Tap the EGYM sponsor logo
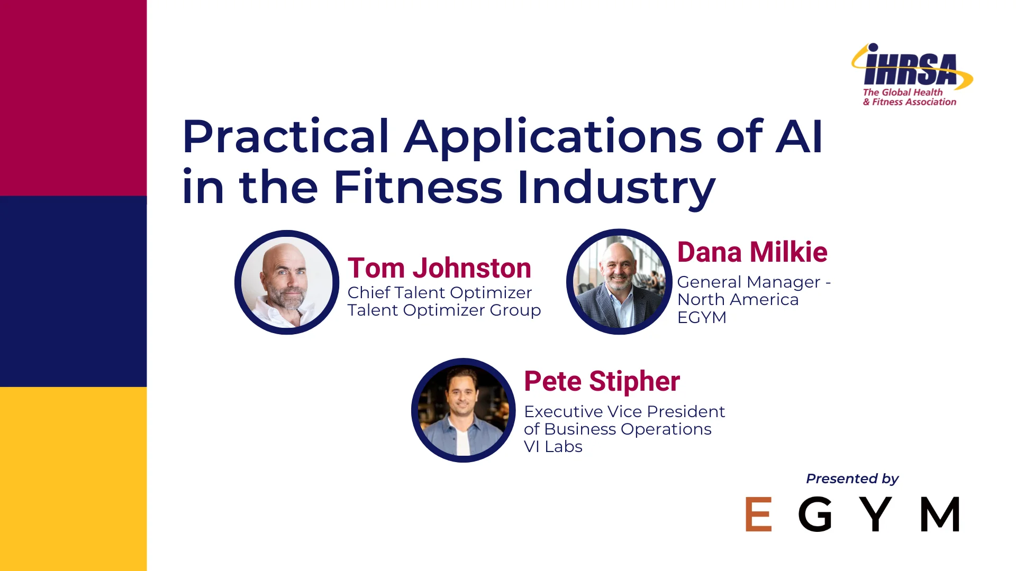coord(852,514)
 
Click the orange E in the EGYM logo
coord(758,514)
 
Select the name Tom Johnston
coord(439,268)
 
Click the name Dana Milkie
coord(752,252)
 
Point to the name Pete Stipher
coord(602,381)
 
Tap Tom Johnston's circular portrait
coord(287,282)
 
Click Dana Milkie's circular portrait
coord(619,282)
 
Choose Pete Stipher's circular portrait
coord(463,410)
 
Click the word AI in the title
coord(799,137)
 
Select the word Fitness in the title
coord(418,187)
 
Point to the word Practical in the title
coord(286,137)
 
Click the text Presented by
coord(852,478)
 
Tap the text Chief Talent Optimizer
coord(439,292)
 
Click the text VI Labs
coord(553,447)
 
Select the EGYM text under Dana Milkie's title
coord(702,317)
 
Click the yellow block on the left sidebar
coord(73,478)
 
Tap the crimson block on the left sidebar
coord(73,98)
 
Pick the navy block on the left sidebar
coord(73,291)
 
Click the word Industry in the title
coord(616,187)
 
